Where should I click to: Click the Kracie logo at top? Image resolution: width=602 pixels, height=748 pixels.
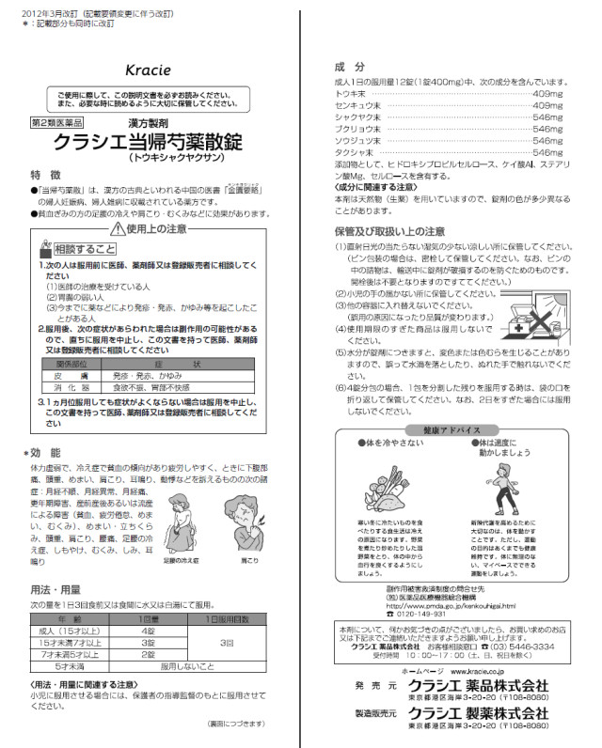[x=146, y=70]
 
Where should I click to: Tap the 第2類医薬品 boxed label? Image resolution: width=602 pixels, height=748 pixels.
[x=58, y=122]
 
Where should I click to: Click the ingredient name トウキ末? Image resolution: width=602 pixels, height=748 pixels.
[x=352, y=95]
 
